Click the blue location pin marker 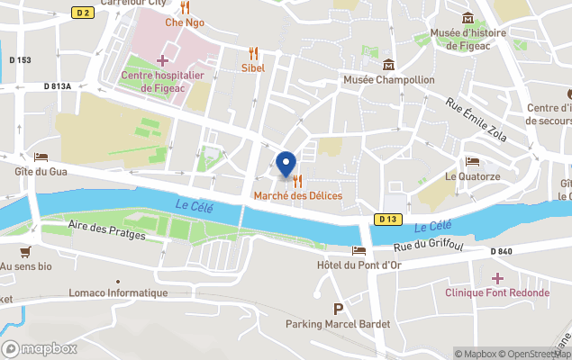pos(286,165)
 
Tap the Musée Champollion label pos(388,80)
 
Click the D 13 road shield pos(387,219)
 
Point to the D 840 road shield pos(502,250)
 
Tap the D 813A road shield pos(57,86)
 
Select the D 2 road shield pos(83,13)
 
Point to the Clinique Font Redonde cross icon pos(497,278)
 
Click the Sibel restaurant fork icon pos(253,53)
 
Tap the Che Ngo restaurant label pos(185,22)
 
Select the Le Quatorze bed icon pos(473,162)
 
